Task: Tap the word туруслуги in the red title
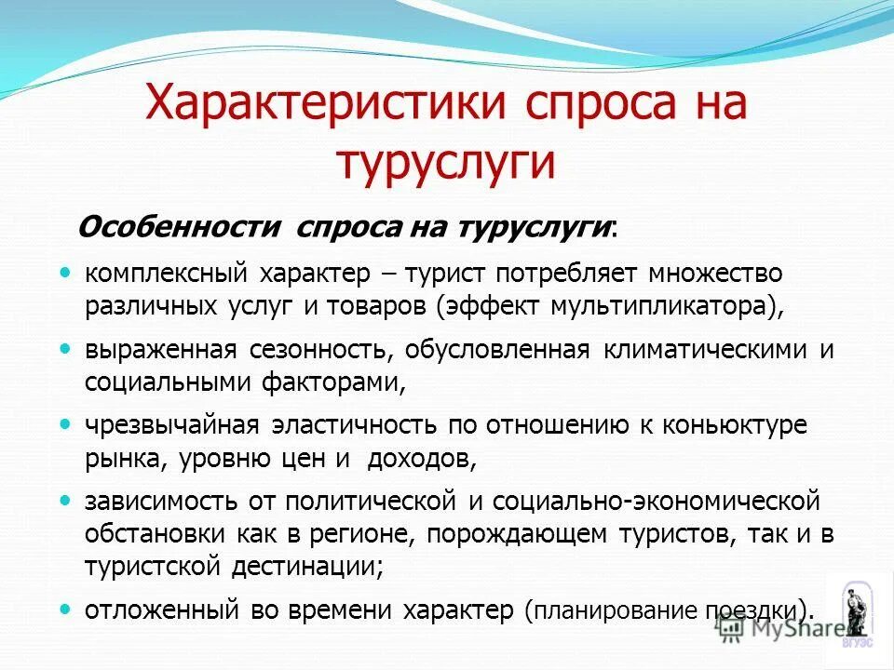tap(446, 161)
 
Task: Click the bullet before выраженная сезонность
tap(64, 349)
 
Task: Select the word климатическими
tap(705, 350)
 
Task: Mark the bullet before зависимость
tap(64, 501)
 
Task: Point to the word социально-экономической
tap(656, 501)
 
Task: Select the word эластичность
tap(354, 425)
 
